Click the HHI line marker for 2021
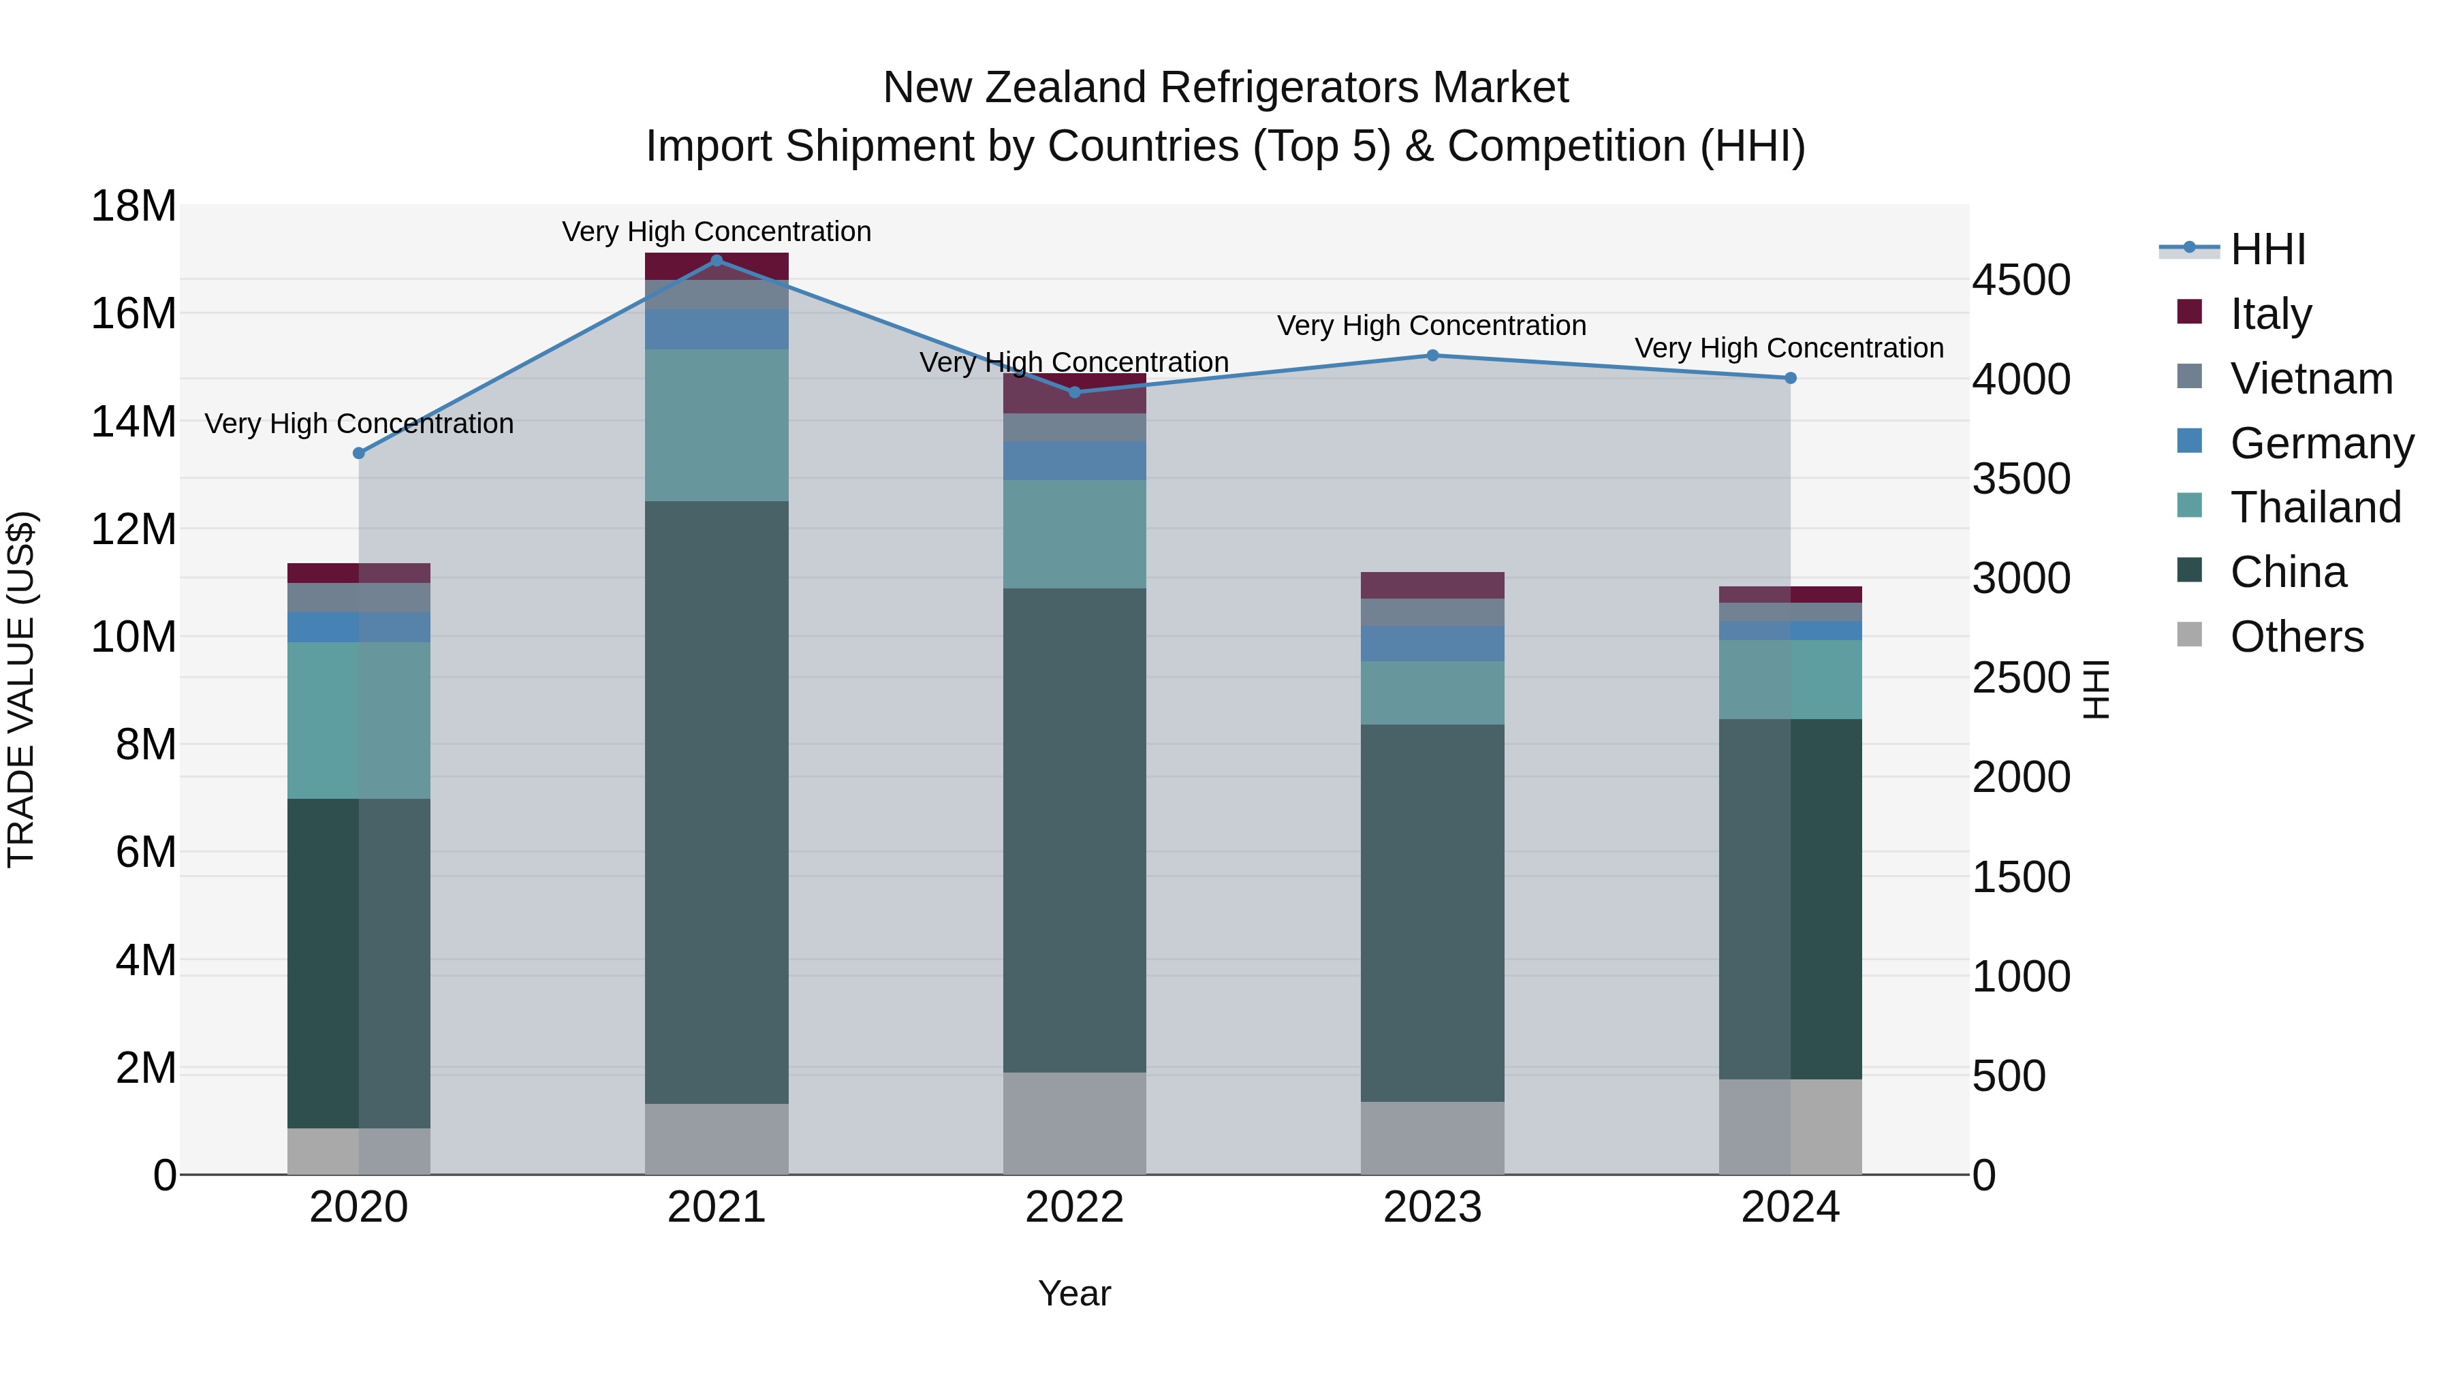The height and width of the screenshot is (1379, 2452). pos(717,261)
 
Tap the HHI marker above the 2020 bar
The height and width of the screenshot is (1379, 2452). pos(359,453)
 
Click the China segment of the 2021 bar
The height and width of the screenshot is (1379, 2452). pos(717,802)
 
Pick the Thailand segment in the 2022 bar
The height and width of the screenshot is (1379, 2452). pos(1075,534)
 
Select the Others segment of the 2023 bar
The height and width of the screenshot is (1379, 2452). pos(1432,1138)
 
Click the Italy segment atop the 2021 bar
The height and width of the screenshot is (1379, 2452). pos(717,266)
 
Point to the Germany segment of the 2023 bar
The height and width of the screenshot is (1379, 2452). pos(1432,644)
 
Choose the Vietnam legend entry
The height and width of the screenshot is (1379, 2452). pos(2311,379)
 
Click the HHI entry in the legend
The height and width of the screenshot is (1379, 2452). pos(2267,249)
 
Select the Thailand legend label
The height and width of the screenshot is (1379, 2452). pos(2315,507)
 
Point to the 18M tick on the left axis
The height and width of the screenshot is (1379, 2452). pos(133,206)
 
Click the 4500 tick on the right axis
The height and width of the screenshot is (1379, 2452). pos(2021,281)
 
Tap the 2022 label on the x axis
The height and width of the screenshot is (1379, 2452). pos(1075,1207)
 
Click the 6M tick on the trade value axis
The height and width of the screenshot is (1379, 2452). pos(146,852)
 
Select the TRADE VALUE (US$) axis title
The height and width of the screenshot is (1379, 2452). pos(22,689)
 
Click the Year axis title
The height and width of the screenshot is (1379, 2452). pos(1075,1293)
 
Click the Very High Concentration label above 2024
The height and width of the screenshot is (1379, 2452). pos(1789,348)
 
